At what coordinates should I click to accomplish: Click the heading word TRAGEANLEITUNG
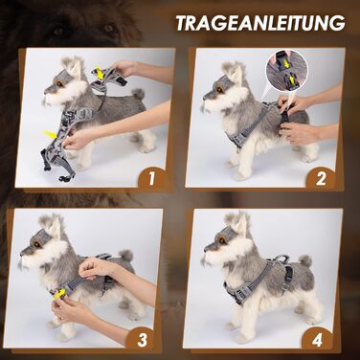point(260,22)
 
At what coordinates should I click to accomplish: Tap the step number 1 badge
point(151,179)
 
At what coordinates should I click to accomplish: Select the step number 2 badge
point(321,179)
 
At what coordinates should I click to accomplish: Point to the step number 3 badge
point(142,340)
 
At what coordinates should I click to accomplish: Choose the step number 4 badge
point(317,340)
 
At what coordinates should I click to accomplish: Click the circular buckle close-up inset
point(286,71)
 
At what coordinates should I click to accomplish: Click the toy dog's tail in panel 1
point(138,95)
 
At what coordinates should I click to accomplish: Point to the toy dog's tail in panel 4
point(305,260)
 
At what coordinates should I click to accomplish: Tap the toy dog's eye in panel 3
point(37,245)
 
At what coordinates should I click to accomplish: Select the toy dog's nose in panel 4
point(206,247)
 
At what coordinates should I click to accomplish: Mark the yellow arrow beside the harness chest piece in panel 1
point(51,134)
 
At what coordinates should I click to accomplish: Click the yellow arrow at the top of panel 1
point(100,74)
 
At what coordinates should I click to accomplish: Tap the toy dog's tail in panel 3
point(125,255)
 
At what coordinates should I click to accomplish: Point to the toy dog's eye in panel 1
point(59,83)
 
